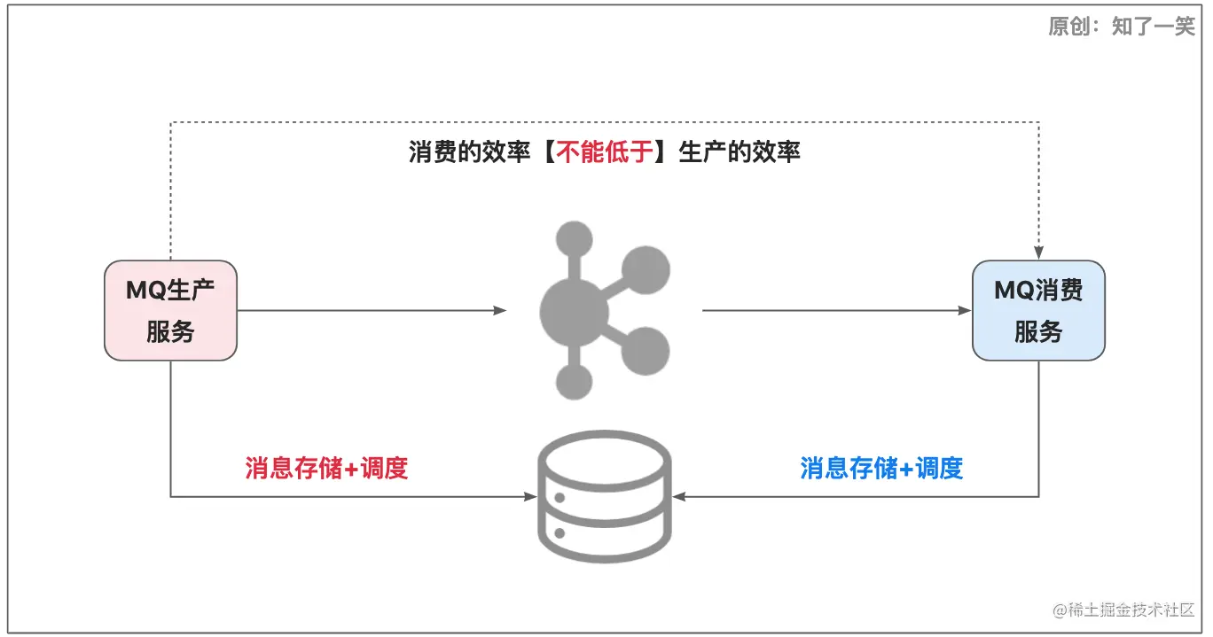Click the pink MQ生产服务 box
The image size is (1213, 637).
click(x=170, y=310)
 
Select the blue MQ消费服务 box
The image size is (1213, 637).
click(x=1038, y=310)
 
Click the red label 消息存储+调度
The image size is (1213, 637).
click(x=326, y=468)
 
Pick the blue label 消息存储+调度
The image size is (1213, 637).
click(x=881, y=468)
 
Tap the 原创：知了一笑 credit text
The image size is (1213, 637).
click(x=1121, y=27)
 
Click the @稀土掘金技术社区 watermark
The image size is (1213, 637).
click(x=1123, y=610)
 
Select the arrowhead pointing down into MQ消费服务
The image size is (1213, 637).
click(x=1038, y=253)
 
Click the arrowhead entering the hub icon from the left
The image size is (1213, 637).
click(x=500, y=310)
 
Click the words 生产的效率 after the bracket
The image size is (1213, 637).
click(x=740, y=152)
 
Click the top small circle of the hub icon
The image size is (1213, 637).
click(x=574, y=239)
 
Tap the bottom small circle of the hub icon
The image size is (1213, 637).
click(x=574, y=382)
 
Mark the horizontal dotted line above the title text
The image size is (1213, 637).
click(x=603, y=121)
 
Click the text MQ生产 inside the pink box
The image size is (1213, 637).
click(x=170, y=290)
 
